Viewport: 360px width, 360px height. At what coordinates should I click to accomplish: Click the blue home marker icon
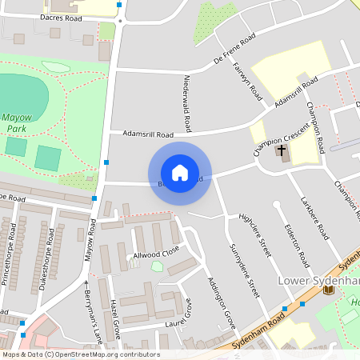[x=179, y=173]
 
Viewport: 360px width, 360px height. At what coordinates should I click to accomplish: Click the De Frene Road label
[x=234, y=49]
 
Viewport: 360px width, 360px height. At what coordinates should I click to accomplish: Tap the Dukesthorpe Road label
[x=44, y=254]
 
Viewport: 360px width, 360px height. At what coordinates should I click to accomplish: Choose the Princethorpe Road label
[x=11, y=250]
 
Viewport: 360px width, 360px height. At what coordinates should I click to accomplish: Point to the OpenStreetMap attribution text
[x=81, y=354]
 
